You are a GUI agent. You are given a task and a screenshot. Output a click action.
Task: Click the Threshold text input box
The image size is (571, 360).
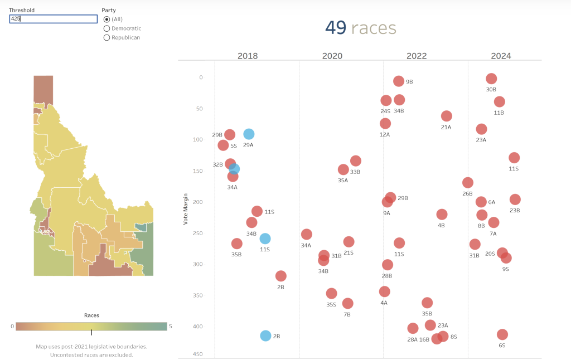tap(54, 19)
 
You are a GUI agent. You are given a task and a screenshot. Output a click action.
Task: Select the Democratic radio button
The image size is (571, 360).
tap(107, 28)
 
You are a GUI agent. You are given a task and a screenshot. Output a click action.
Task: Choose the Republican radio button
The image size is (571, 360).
tap(107, 37)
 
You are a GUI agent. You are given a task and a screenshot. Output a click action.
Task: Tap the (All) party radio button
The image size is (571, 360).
tap(107, 20)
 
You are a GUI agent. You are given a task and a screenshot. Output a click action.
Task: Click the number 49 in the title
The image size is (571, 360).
tap(336, 28)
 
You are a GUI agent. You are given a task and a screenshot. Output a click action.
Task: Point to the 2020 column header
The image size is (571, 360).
tap(332, 56)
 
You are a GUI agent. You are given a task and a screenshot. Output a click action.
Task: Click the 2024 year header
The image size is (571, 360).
tap(501, 56)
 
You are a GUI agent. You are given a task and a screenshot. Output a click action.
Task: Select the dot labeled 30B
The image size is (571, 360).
tap(491, 79)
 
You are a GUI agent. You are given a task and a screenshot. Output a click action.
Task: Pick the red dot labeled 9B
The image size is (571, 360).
tap(399, 81)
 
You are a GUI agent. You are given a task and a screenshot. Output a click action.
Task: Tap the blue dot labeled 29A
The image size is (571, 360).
tap(249, 134)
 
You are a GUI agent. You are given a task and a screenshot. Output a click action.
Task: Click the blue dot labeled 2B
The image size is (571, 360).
tap(265, 336)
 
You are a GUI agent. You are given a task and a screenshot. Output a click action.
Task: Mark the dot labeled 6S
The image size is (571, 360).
tap(502, 335)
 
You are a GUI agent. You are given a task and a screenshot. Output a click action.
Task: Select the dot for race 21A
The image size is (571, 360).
tap(447, 116)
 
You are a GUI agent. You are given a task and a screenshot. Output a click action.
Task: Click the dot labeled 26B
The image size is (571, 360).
tap(468, 183)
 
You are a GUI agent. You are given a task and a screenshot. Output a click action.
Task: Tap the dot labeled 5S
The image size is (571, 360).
tap(224, 145)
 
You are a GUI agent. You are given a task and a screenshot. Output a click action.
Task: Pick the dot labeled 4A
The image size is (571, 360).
tap(385, 292)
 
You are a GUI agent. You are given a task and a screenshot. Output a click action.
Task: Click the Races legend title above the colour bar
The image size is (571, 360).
tap(91, 315)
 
